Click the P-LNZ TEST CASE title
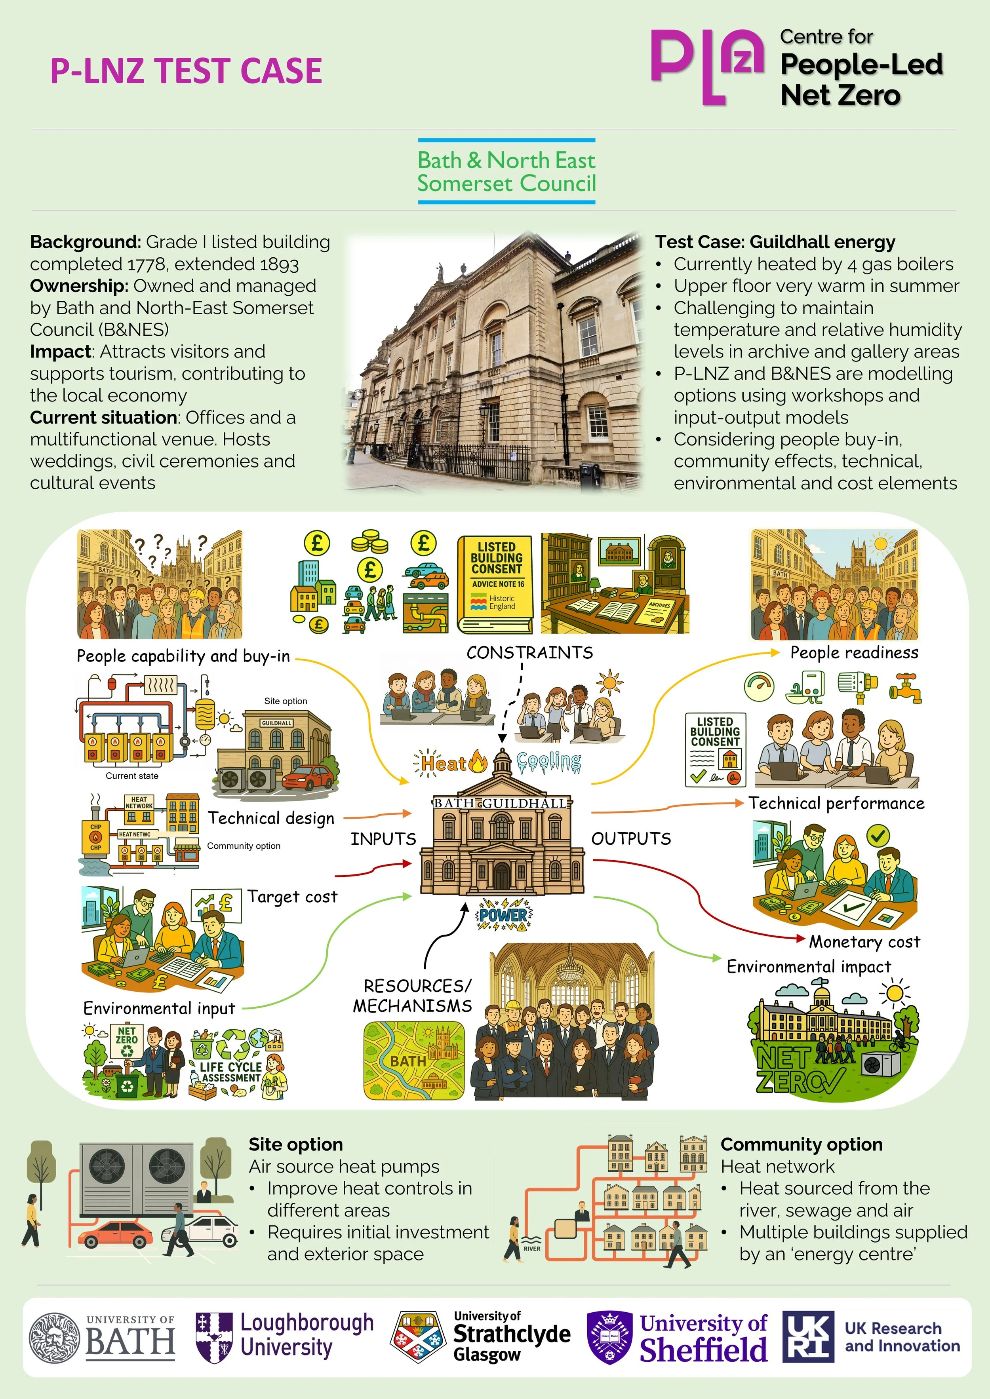[186, 71]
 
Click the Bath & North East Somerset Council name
[506, 172]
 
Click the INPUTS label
[383, 839]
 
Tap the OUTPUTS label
[631, 839]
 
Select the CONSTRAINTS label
[529, 652]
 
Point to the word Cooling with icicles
[548, 762]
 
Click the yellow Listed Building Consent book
[495, 584]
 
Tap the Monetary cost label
[864, 942]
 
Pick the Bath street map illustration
[415, 1060]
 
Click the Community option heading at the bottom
[801, 1144]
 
